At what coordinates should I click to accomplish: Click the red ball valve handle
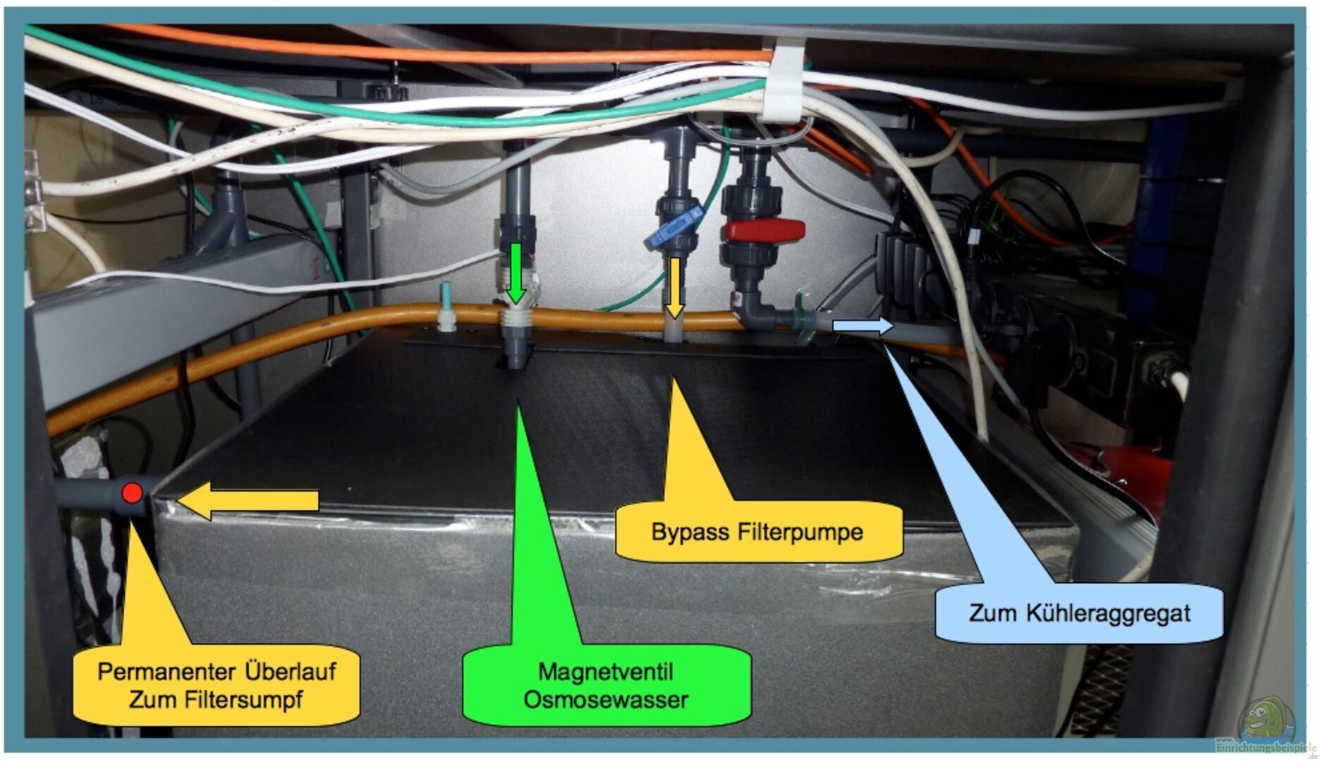(x=763, y=231)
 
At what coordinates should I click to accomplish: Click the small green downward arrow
(x=517, y=272)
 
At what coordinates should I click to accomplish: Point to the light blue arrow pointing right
(x=862, y=325)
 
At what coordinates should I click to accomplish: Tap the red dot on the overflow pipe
(x=132, y=492)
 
